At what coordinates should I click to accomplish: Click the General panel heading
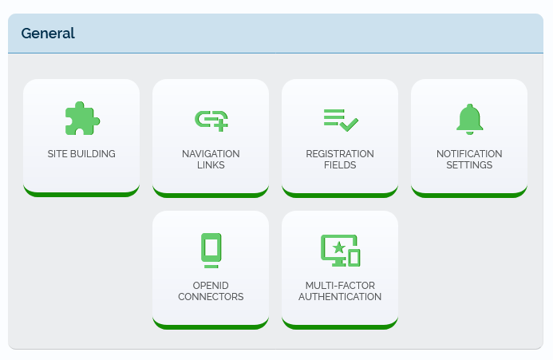(48, 34)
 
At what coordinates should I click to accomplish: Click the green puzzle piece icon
(82, 119)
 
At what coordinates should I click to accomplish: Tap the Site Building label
(81, 154)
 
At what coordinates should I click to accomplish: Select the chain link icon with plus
(211, 120)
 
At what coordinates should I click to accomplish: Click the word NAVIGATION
(211, 154)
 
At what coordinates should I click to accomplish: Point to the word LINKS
(211, 165)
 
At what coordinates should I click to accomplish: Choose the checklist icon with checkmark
(341, 120)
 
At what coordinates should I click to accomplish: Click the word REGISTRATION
(340, 154)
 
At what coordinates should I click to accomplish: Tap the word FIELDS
(340, 165)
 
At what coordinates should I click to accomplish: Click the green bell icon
(469, 119)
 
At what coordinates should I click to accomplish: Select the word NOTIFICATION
(469, 154)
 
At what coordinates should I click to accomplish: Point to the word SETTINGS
(469, 165)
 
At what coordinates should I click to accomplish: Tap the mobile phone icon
(211, 250)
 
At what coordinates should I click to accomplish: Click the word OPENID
(211, 286)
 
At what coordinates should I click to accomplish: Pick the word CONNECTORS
(211, 297)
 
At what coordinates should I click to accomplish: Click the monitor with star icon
(340, 251)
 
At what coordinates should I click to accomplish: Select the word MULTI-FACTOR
(340, 286)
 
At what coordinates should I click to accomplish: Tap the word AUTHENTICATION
(340, 297)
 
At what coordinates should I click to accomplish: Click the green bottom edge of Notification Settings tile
(469, 193)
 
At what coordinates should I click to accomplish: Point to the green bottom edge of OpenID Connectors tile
(211, 325)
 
